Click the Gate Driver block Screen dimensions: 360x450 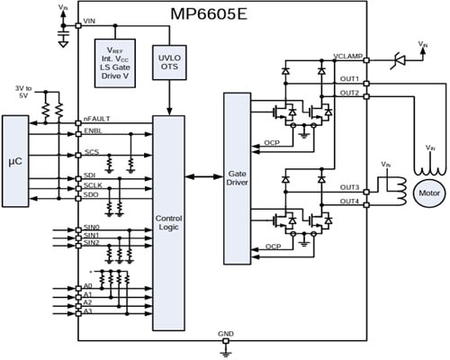pos(236,177)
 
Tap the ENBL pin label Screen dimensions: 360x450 pos(91,132)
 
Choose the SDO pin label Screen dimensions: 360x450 pos(90,195)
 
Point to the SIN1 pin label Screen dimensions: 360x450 pos(91,236)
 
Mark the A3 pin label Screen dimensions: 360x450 pos(87,310)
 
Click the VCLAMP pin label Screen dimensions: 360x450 pos(346,57)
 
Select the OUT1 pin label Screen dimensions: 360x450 pos(350,81)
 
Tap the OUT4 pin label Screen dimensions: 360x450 pos(350,201)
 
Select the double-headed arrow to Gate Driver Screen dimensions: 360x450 pos(203,177)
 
